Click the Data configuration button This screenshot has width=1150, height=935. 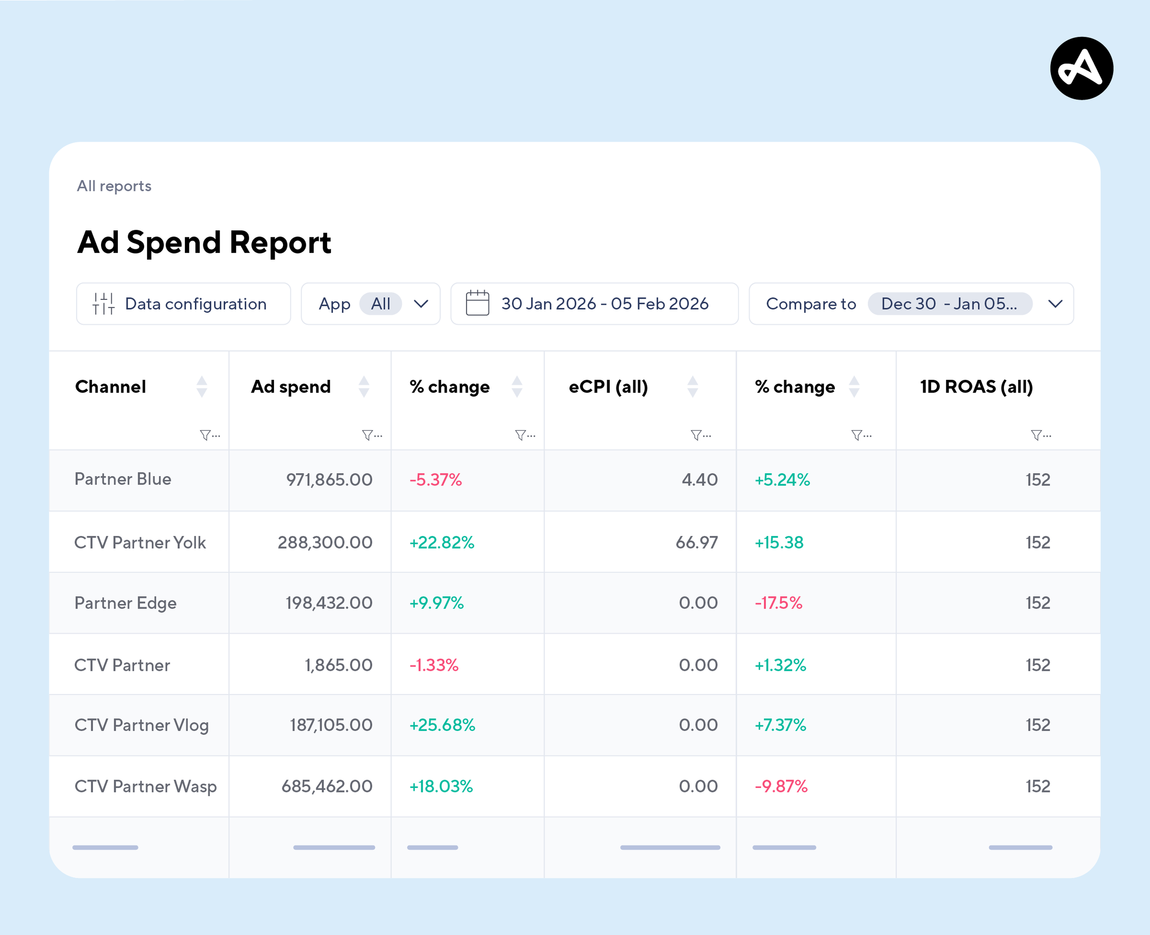coord(183,304)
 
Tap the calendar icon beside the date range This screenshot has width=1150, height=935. coord(477,303)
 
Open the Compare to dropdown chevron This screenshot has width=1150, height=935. coord(1055,304)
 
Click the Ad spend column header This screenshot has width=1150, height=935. coord(291,387)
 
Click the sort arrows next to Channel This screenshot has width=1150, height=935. coord(202,387)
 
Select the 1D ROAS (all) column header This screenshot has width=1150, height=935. coord(976,387)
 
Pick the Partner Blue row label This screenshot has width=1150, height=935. coord(123,479)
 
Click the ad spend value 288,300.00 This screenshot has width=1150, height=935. coord(325,542)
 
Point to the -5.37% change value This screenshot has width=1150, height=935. coord(436,479)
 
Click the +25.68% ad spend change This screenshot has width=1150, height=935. coord(442,725)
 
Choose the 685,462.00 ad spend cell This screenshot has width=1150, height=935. coord(327,786)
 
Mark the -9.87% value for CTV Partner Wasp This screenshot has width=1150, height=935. coord(781,786)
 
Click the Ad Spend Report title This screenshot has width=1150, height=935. coord(204,242)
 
